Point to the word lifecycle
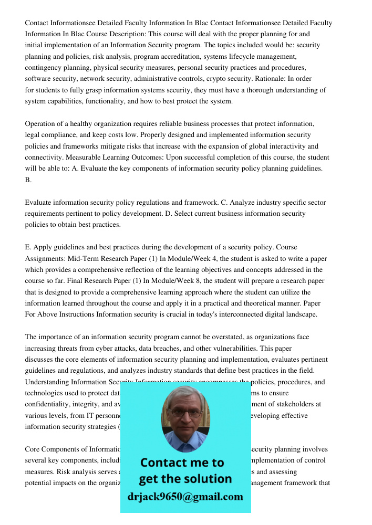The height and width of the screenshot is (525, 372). coord(247,56)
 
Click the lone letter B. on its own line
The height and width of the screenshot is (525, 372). coord(28,180)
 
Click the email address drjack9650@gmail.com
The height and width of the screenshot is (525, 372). coord(185,497)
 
